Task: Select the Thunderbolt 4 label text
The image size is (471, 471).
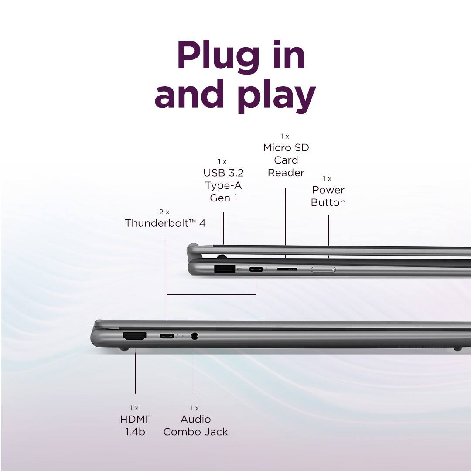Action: tap(165, 223)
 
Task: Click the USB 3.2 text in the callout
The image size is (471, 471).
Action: tap(223, 173)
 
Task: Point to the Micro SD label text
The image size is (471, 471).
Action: tap(286, 147)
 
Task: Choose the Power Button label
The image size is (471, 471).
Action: tap(328, 196)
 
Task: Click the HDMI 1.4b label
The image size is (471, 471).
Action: tap(135, 425)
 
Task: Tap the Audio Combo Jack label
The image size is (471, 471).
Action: tap(195, 425)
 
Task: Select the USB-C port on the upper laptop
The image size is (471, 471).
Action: tap(256, 269)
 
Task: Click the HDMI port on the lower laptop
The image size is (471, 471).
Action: tap(135, 336)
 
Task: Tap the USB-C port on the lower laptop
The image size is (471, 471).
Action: tap(167, 336)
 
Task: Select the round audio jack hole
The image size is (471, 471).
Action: tap(195, 336)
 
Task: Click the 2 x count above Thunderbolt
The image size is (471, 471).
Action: tap(164, 212)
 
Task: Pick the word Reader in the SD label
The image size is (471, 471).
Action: tap(286, 173)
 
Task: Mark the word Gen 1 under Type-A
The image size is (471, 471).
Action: tap(223, 198)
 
